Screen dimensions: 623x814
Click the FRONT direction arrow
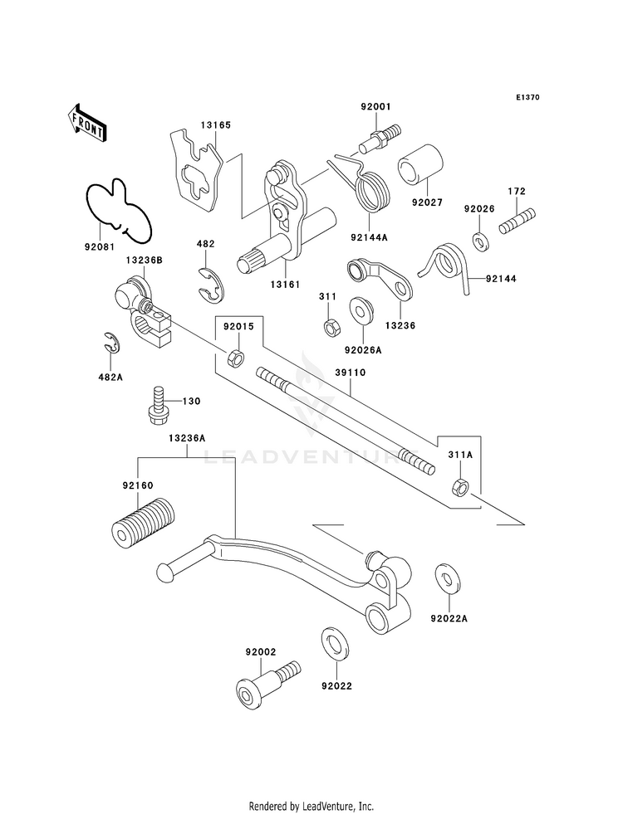(x=86, y=123)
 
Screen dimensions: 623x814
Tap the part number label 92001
(x=375, y=107)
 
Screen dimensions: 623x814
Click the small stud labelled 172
(x=517, y=222)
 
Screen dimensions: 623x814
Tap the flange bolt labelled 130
(x=156, y=406)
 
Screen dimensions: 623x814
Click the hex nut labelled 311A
(x=459, y=486)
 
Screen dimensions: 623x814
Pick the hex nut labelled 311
(x=331, y=328)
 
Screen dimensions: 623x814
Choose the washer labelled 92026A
(x=362, y=310)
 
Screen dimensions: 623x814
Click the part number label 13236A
(x=187, y=438)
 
